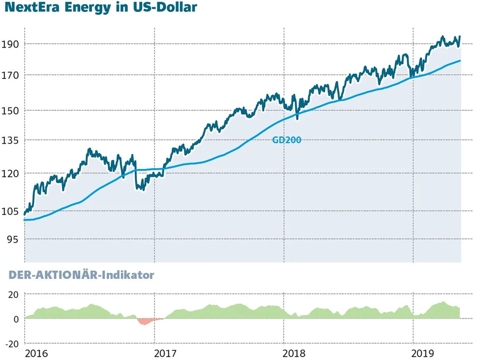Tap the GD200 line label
point(286,140)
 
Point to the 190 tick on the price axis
point(10,44)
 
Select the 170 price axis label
point(10,75)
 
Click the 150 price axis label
point(10,110)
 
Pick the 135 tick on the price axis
point(10,140)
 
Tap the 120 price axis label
point(10,173)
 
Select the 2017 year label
point(166,353)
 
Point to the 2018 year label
point(295,353)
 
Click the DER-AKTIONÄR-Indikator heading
point(82,275)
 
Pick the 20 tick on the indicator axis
point(13,295)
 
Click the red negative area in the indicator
point(144,321)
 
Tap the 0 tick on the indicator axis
point(15,319)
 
